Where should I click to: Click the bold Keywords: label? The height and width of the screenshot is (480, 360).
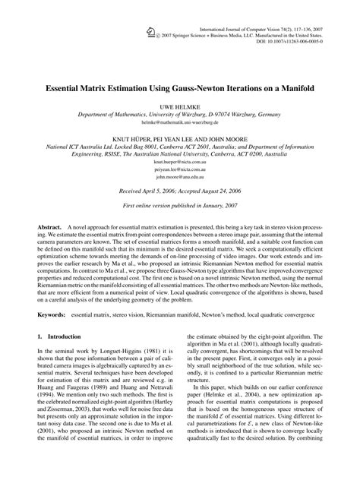coord(52,313)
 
